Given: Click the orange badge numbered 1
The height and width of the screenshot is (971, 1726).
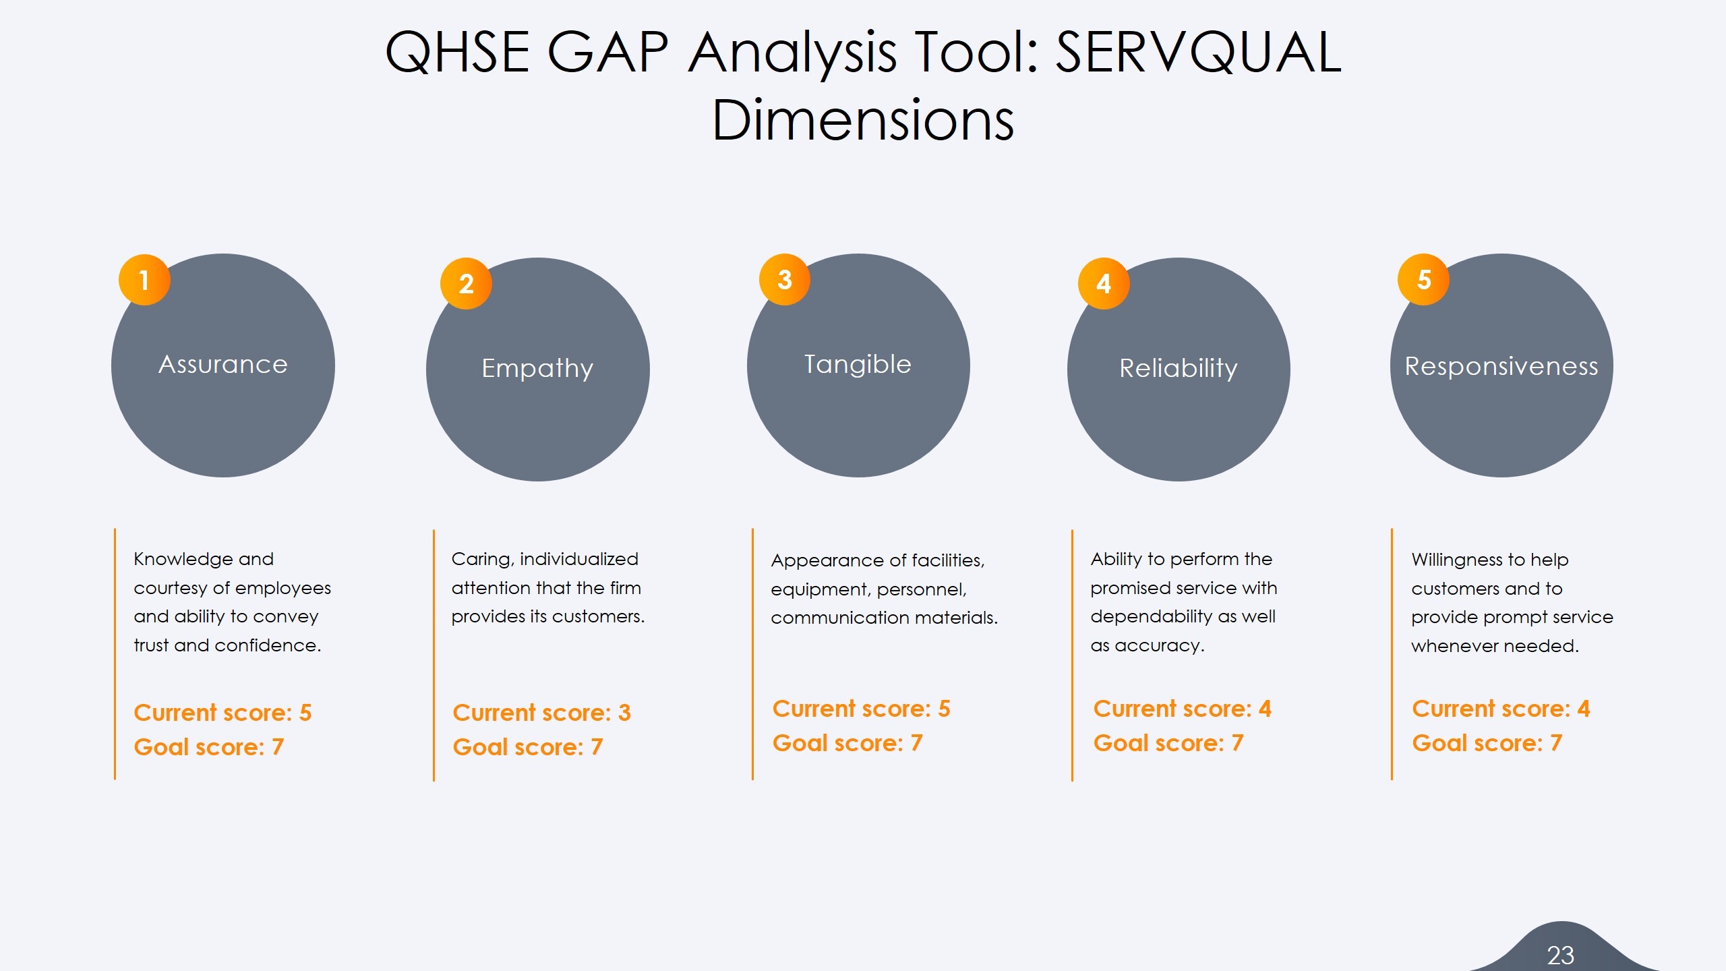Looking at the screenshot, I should [x=144, y=280].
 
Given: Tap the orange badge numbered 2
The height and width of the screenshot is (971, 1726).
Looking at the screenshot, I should [x=466, y=284].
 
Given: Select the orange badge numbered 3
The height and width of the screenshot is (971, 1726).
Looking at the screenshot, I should [x=785, y=280].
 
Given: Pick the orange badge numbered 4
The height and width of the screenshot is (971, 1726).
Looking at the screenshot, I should [x=1104, y=284].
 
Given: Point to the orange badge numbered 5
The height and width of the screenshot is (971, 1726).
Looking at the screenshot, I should [x=1423, y=280].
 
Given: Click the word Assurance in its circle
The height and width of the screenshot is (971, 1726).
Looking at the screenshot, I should [x=223, y=365].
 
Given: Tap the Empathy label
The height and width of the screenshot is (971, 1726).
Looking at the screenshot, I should [x=537, y=369].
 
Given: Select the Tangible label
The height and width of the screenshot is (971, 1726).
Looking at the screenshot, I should [x=858, y=365].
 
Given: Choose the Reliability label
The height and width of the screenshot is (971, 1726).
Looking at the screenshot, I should [x=1179, y=369].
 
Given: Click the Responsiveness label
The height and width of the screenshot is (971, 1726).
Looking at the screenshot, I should [x=1501, y=366].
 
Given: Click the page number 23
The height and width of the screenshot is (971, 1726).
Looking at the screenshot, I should [x=1560, y=955].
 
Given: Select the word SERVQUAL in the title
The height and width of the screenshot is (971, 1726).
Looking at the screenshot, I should [x=1198, y=53].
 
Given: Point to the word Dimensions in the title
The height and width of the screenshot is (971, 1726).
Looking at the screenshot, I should [x=863, y=120].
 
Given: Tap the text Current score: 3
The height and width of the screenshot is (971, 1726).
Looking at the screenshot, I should [x=541, y=713].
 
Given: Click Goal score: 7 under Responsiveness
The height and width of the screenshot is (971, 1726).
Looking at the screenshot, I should [x=1487, y=743].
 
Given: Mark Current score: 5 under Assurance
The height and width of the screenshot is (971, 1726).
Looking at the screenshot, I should [x=222, y=713].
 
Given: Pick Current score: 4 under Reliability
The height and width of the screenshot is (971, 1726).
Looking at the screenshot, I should [x=1182, y=709].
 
